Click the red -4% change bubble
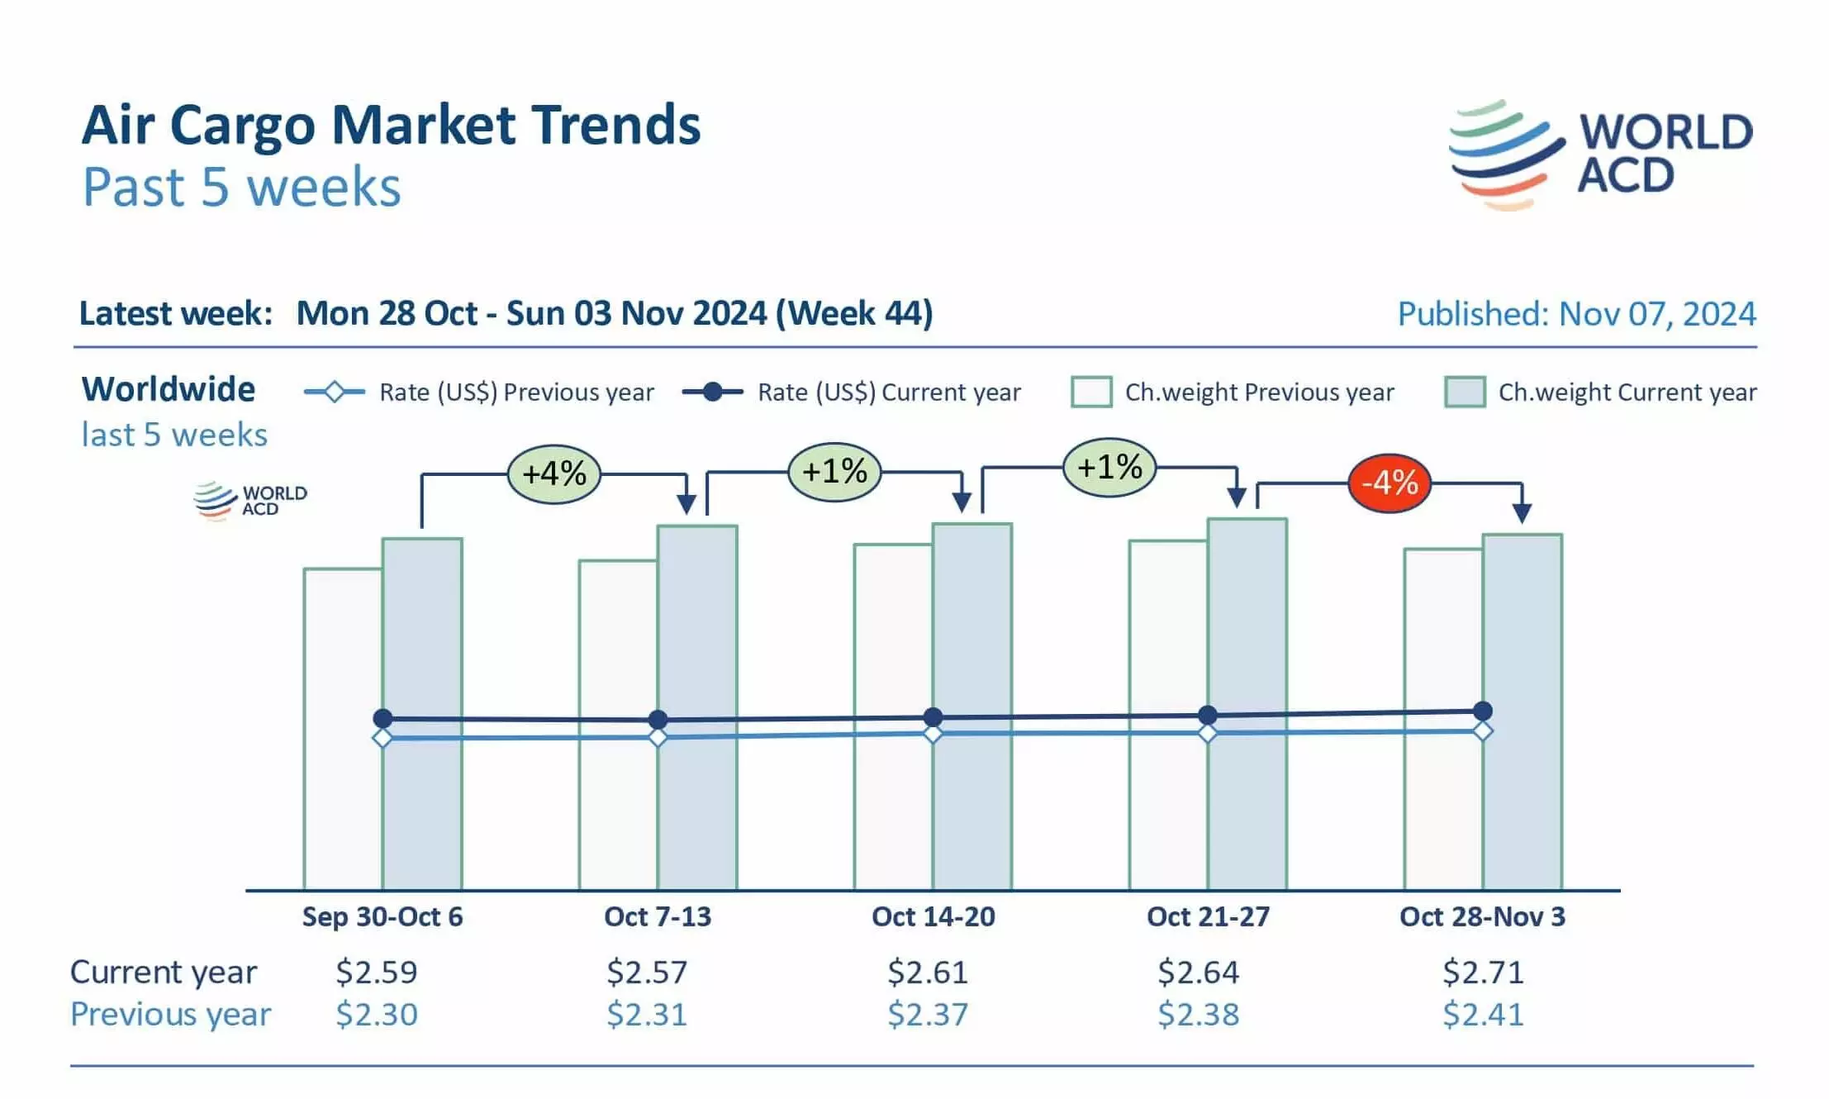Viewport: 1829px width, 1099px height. (x=1389, y=483)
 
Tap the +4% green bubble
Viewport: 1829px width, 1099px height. (x=553, y=474)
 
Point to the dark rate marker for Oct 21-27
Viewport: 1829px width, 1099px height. (x=1207, y=715)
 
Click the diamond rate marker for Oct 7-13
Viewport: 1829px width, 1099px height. (x=658, y=737)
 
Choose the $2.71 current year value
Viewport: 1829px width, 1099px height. (x=1483, y=973)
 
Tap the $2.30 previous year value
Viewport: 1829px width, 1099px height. (x=376, y=1015)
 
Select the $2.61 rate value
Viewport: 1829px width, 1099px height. (x=927, y=973)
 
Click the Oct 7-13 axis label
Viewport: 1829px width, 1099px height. (x=657, y=916)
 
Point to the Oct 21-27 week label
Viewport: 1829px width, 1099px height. (x=1208, y=916)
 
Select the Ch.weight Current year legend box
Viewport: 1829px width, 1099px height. (x=1465, y=392)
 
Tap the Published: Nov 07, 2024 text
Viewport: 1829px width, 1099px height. (x=1576, y=314)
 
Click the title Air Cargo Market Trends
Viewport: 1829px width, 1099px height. (x=391, y=126)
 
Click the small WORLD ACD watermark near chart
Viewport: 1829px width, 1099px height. (x=249, y=500)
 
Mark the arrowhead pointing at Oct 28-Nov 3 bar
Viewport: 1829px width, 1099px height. (x=1522, y=513)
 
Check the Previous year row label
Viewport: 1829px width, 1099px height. (x=170, y=1015)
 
